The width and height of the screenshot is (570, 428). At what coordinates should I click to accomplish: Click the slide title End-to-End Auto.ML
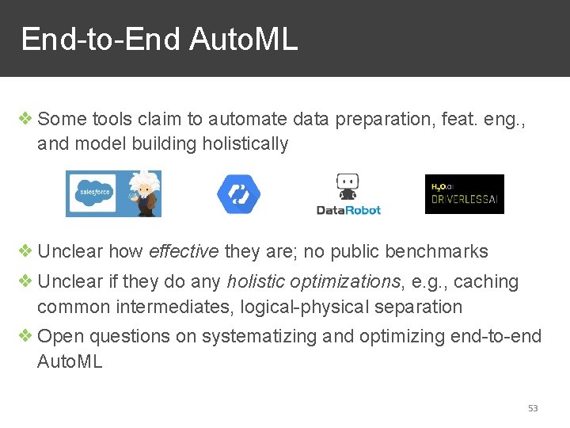159,39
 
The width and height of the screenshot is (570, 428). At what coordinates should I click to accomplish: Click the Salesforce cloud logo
93,193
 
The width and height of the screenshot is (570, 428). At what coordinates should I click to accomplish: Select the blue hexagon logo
238,193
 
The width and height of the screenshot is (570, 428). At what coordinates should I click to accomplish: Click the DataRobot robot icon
348,187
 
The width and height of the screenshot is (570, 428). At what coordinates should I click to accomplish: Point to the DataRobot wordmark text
348,210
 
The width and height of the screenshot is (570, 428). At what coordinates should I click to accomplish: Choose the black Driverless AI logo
464,194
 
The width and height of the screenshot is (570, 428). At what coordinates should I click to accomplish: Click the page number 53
533,408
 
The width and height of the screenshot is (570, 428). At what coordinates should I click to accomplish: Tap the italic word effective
184,252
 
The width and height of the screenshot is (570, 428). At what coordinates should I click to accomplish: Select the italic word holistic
255,281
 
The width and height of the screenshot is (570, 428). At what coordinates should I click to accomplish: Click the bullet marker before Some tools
25,119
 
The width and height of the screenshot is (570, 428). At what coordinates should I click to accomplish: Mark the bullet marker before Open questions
25,335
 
